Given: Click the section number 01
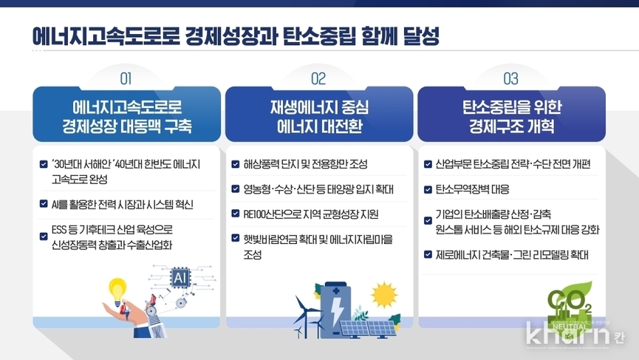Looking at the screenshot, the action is [x=126, y=78].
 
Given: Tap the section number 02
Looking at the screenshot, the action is [x=318, y=78].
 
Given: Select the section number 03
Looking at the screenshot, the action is [x=510, y=78].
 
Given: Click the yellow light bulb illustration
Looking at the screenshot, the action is [x=117, y=291].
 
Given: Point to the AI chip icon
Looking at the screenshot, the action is [x=180, y=278].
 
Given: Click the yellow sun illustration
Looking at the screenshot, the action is [x=384, y=295].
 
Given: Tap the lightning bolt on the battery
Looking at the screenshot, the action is [x=338, y=310].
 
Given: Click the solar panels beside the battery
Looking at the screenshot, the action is [x=368, y=328].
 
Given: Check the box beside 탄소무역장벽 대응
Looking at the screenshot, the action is [x=428, y=189].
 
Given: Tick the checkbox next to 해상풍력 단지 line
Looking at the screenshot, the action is [x=235, y=164].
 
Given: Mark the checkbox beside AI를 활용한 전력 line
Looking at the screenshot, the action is [x=44, y=203].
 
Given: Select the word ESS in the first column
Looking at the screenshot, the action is [x=58, y=230].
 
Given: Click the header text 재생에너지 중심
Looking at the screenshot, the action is [x=319, y=108].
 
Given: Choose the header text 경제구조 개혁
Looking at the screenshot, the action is [x=511, y=126].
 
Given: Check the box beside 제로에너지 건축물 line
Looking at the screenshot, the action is [x=428, y=255].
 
